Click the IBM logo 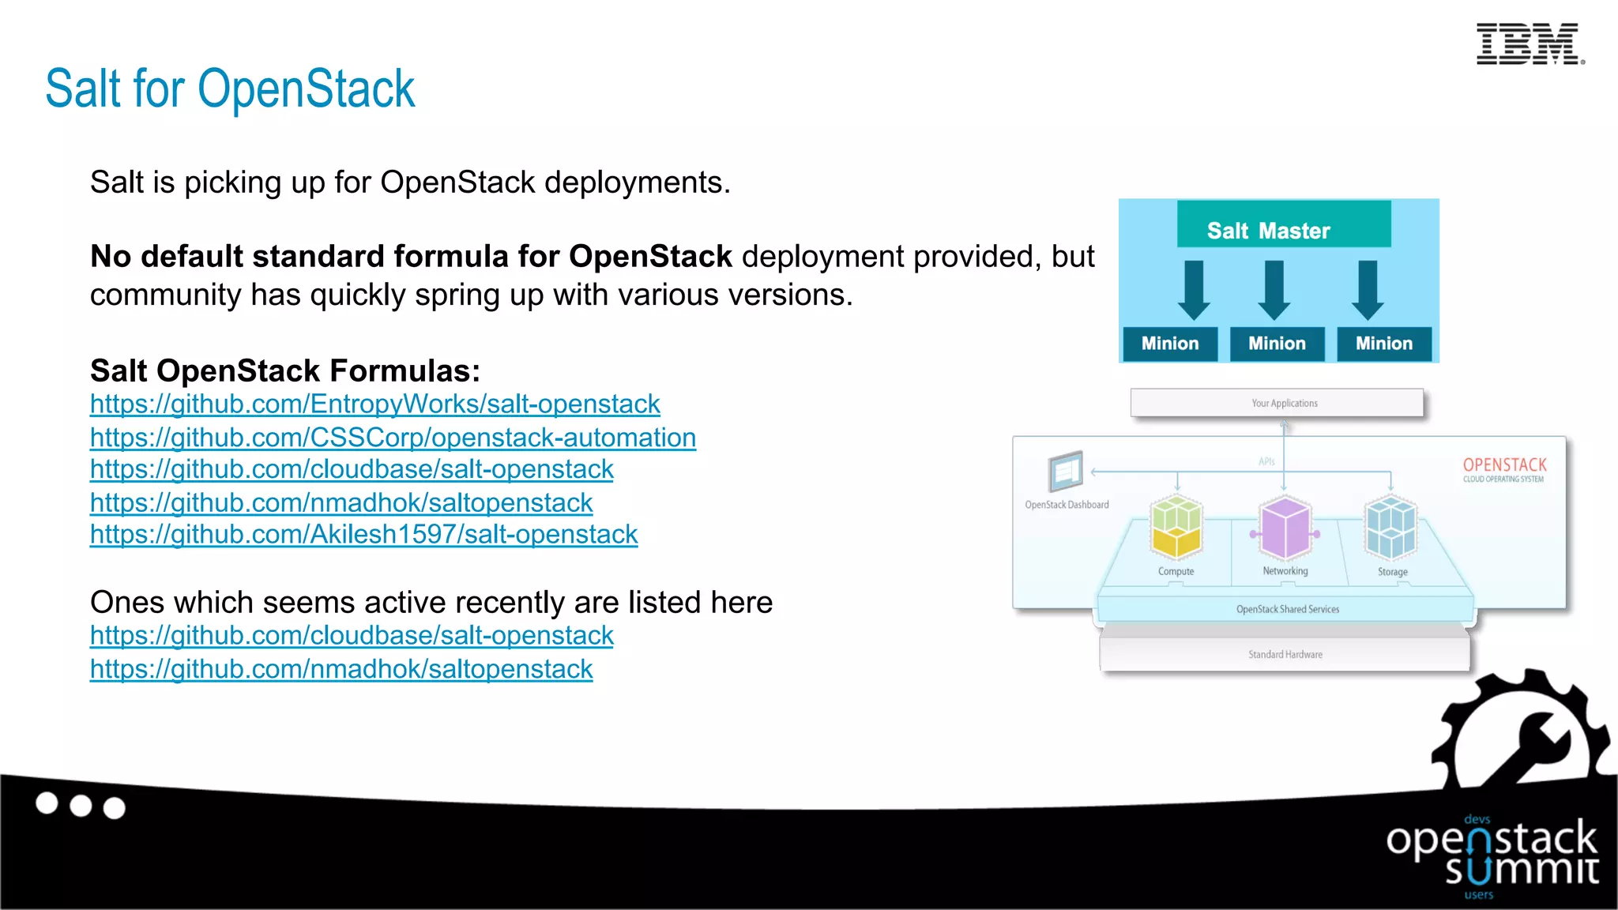(x=1530, y=44)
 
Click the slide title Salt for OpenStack (x=230, y=88)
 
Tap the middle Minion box (x=1277, y=344)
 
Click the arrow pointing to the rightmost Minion (x=1368, y=290)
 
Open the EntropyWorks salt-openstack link (x=374, y=404)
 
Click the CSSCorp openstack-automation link (x=393, y=438)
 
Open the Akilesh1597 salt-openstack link (x=363, y=535)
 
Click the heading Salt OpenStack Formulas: (x=285, y=370)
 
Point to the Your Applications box (x=1277, y=403)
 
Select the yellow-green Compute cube (x=1176, y=527)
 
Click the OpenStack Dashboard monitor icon (x=1065, y=472)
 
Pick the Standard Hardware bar (x=1285, y=654)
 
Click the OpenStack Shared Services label (x=1287, y=609)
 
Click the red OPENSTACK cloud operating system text (x=1504, y=468)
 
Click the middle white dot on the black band (x=81, y=806)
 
